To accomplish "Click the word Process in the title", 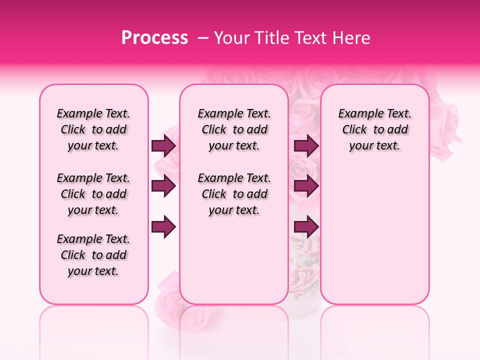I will pos(154,38).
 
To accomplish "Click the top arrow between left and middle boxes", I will pos(163,146).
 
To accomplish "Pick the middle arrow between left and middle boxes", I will pos(163,186).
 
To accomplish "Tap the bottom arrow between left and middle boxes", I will pos(163,227).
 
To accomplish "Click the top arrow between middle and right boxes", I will pos(306,146).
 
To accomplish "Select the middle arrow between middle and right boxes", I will pos(306,186).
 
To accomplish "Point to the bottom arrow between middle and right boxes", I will pos(306,227).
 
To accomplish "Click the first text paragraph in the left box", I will pos(93,129).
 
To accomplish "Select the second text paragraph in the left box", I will pos(93,194).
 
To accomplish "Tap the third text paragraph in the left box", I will pos(93,255).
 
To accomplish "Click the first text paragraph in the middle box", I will pos(234,129).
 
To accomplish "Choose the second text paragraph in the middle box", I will pos(234,194).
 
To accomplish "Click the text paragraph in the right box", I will pos(374,129).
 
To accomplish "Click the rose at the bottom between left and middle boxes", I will pos(167,295).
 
